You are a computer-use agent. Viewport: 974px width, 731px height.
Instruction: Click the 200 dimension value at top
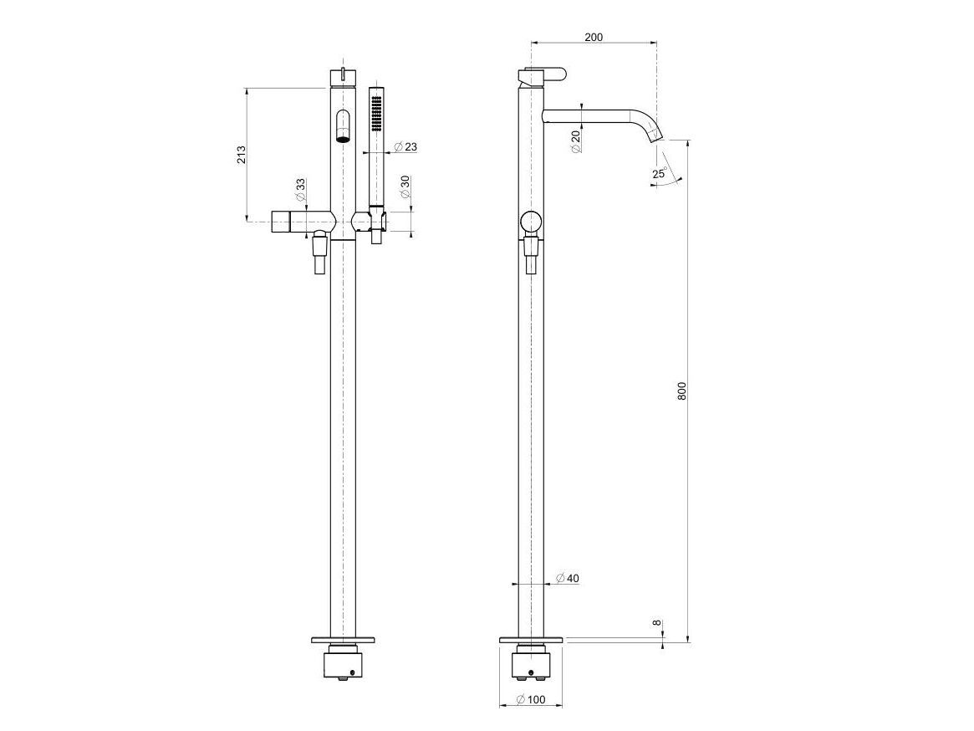pos(594,37)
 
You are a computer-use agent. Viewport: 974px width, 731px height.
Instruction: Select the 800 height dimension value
pos(681,391)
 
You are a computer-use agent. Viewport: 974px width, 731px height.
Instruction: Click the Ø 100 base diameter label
pos(532,698)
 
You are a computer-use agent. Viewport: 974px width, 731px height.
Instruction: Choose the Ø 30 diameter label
pos(405,187)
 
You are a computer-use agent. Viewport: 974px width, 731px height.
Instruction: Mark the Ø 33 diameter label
pos(299,189)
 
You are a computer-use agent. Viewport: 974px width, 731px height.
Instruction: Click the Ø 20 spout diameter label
pos(576,141)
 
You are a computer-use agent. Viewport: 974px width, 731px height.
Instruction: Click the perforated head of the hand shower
pos(375,113)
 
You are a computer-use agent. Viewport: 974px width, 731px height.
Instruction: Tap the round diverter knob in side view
pos(531,222)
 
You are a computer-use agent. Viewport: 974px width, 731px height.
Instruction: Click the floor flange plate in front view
pos(343,640)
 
